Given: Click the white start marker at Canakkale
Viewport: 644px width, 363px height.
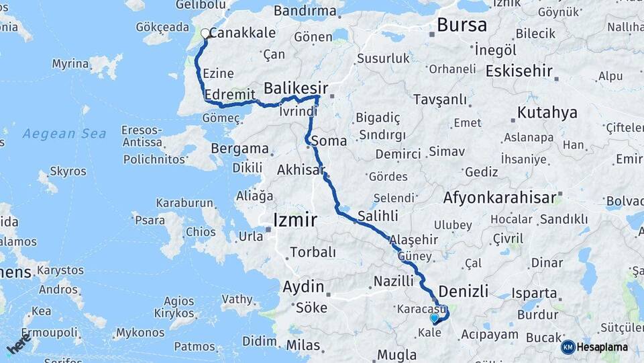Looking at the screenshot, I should (205, 33).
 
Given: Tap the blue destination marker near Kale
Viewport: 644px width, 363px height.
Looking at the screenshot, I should (434, 318).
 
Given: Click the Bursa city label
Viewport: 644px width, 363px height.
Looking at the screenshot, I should (462, 26).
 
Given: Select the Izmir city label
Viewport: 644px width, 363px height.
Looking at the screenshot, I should (295, 220).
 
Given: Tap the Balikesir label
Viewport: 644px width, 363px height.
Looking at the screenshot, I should (296, 88).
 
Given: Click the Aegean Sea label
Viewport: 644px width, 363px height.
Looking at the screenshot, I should (64, 134).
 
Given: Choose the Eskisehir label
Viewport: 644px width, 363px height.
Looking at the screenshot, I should (519, 71).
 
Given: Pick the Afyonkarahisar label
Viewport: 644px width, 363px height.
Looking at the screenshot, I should (499, 198).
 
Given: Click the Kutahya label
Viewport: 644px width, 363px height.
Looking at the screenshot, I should (547, 112).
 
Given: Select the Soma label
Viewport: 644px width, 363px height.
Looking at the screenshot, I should (329, 141).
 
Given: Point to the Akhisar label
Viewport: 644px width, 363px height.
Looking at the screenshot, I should (301, 169).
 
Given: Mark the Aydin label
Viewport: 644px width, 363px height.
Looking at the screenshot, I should (303, 287).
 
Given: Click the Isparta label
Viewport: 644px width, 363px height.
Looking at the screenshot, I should (534, 293).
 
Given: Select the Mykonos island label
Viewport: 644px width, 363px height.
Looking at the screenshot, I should (140, 333).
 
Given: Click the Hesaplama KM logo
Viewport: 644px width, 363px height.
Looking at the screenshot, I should (594, 347).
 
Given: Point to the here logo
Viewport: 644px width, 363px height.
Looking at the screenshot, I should (19, 343).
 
